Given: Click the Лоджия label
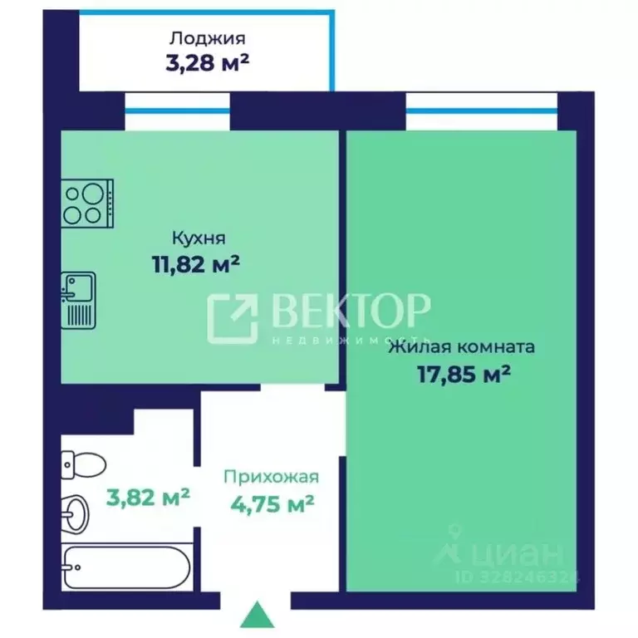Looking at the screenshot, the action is pyautogui.click(x=207, y=39).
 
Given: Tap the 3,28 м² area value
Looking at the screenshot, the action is pyautogui.click(x=207, y=62).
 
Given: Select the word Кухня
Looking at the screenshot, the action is pyautogui.click(x=199, y=238).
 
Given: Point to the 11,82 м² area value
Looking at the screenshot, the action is pyautogui.click(x=196, y=263).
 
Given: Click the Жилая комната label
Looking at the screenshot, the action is pyautogui.click(x=462, y=347).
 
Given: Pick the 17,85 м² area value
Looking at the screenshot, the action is pyautogui.click(x=464, y=374).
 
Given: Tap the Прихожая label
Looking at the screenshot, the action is pyautogui.click(x=272, y=477).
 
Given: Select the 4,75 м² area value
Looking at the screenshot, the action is pyautogui.click(x=272, y=503).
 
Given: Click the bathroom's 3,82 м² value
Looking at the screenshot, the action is pyautogui.click(x=148, y=497).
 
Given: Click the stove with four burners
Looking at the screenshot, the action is pyautogui.click(x=87, y=204).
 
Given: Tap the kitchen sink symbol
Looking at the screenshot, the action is pyautogui.click(x=79, y=300).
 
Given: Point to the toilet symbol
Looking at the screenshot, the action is pyautogui.click(x=83, y=464).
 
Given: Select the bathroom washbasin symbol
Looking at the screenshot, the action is pyautogui.click(x=76, y=514).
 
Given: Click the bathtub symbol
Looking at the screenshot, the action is pyautogui.click(x=126, y=567).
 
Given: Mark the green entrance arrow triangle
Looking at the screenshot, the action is pyautogui.click(x=258, y=615).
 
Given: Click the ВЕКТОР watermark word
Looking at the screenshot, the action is pyautogui.click(x=349, y=311).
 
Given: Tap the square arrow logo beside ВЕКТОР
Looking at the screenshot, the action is pyautogui.click(x=233, y=318).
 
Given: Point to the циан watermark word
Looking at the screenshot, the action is pyautogui.click(x=518, y=552).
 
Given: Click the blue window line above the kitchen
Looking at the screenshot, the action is pyautogui.click(x=178, y=110).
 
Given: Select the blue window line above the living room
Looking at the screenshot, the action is pyautogui.click(x=482, y=110).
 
